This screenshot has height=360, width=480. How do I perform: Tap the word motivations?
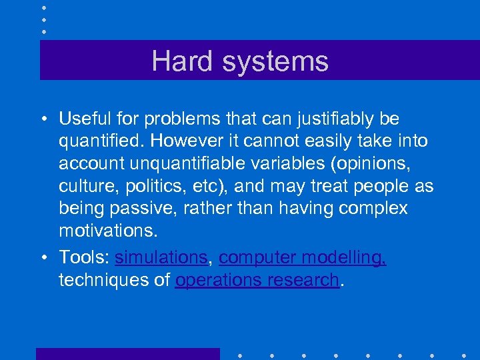click(x=109, y=231)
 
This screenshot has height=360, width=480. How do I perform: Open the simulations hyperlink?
click(x=161, y=257)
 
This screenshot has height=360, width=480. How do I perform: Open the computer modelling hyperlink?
click(x=302, y=257)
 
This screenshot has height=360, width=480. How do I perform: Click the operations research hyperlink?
click(x=257, y=280)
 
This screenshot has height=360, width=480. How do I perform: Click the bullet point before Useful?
click(x=43, y=120)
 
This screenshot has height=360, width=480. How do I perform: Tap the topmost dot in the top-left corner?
click(x=44, y=7)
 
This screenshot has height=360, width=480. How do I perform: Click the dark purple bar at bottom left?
click(x=127, y=353)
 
